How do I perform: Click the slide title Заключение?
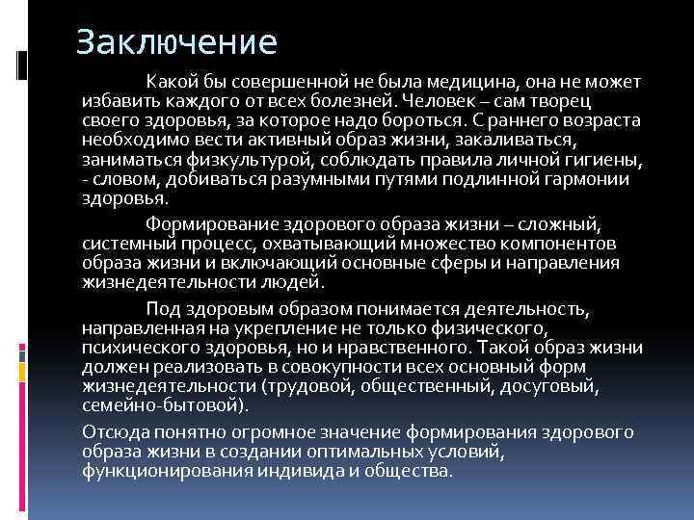point(176,42)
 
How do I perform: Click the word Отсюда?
point(114,430)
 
